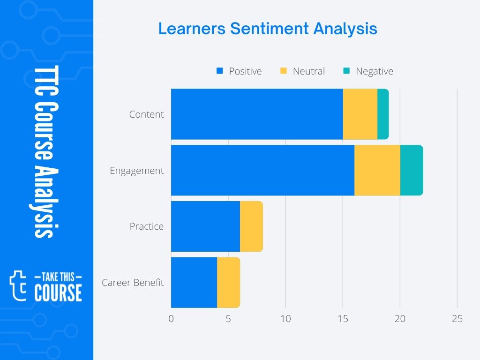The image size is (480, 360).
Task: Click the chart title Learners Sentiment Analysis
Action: [x=268, y=29]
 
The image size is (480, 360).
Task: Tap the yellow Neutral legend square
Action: [x=283, y=71]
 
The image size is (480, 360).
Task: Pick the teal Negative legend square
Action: [x=346, y=71]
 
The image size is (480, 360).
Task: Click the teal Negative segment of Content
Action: [x=383, y=114]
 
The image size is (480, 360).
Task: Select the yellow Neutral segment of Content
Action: [x=360, y=114]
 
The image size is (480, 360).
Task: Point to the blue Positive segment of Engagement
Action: [x=262, y=170]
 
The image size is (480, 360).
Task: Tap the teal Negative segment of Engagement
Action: [x=411, y=170]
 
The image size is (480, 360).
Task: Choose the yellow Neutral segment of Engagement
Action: [x=377, y=170]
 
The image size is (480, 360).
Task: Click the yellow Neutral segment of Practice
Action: [x=251, y=226]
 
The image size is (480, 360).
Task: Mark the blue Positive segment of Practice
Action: [x=205, y=226]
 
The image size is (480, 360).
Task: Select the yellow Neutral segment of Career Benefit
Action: [x=228, y=283]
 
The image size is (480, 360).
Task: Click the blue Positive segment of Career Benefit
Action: [x=194, y=283]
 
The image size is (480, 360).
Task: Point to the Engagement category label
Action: [x=137, y=171]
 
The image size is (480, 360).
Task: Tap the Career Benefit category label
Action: [x=133, y=283]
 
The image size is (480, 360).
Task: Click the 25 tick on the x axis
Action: [x=457, y=319]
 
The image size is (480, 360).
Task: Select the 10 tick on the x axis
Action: [x=285, y=319]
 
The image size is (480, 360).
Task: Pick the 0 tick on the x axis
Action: [x=171, y=319]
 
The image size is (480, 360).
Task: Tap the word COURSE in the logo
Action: [x=58, y=292]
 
